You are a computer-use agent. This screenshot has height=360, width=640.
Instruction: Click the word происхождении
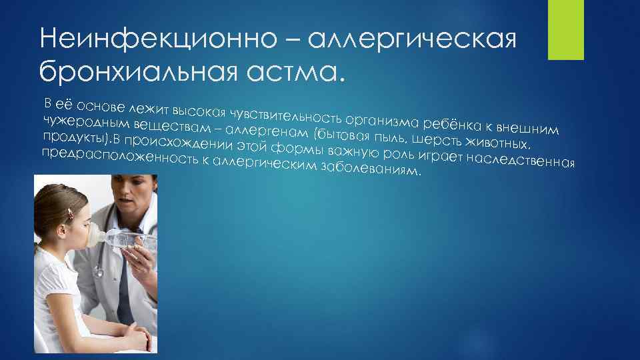177,141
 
